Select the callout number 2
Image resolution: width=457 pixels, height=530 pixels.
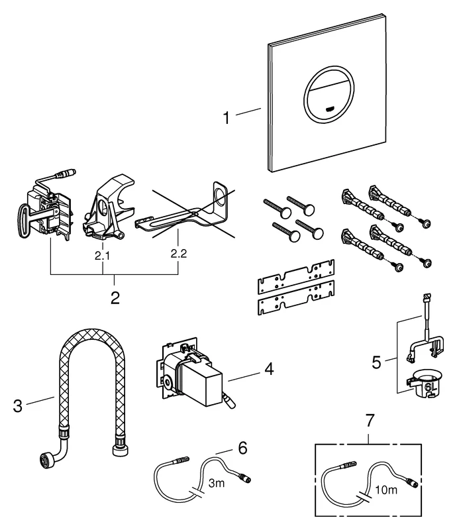click(115, 297)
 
